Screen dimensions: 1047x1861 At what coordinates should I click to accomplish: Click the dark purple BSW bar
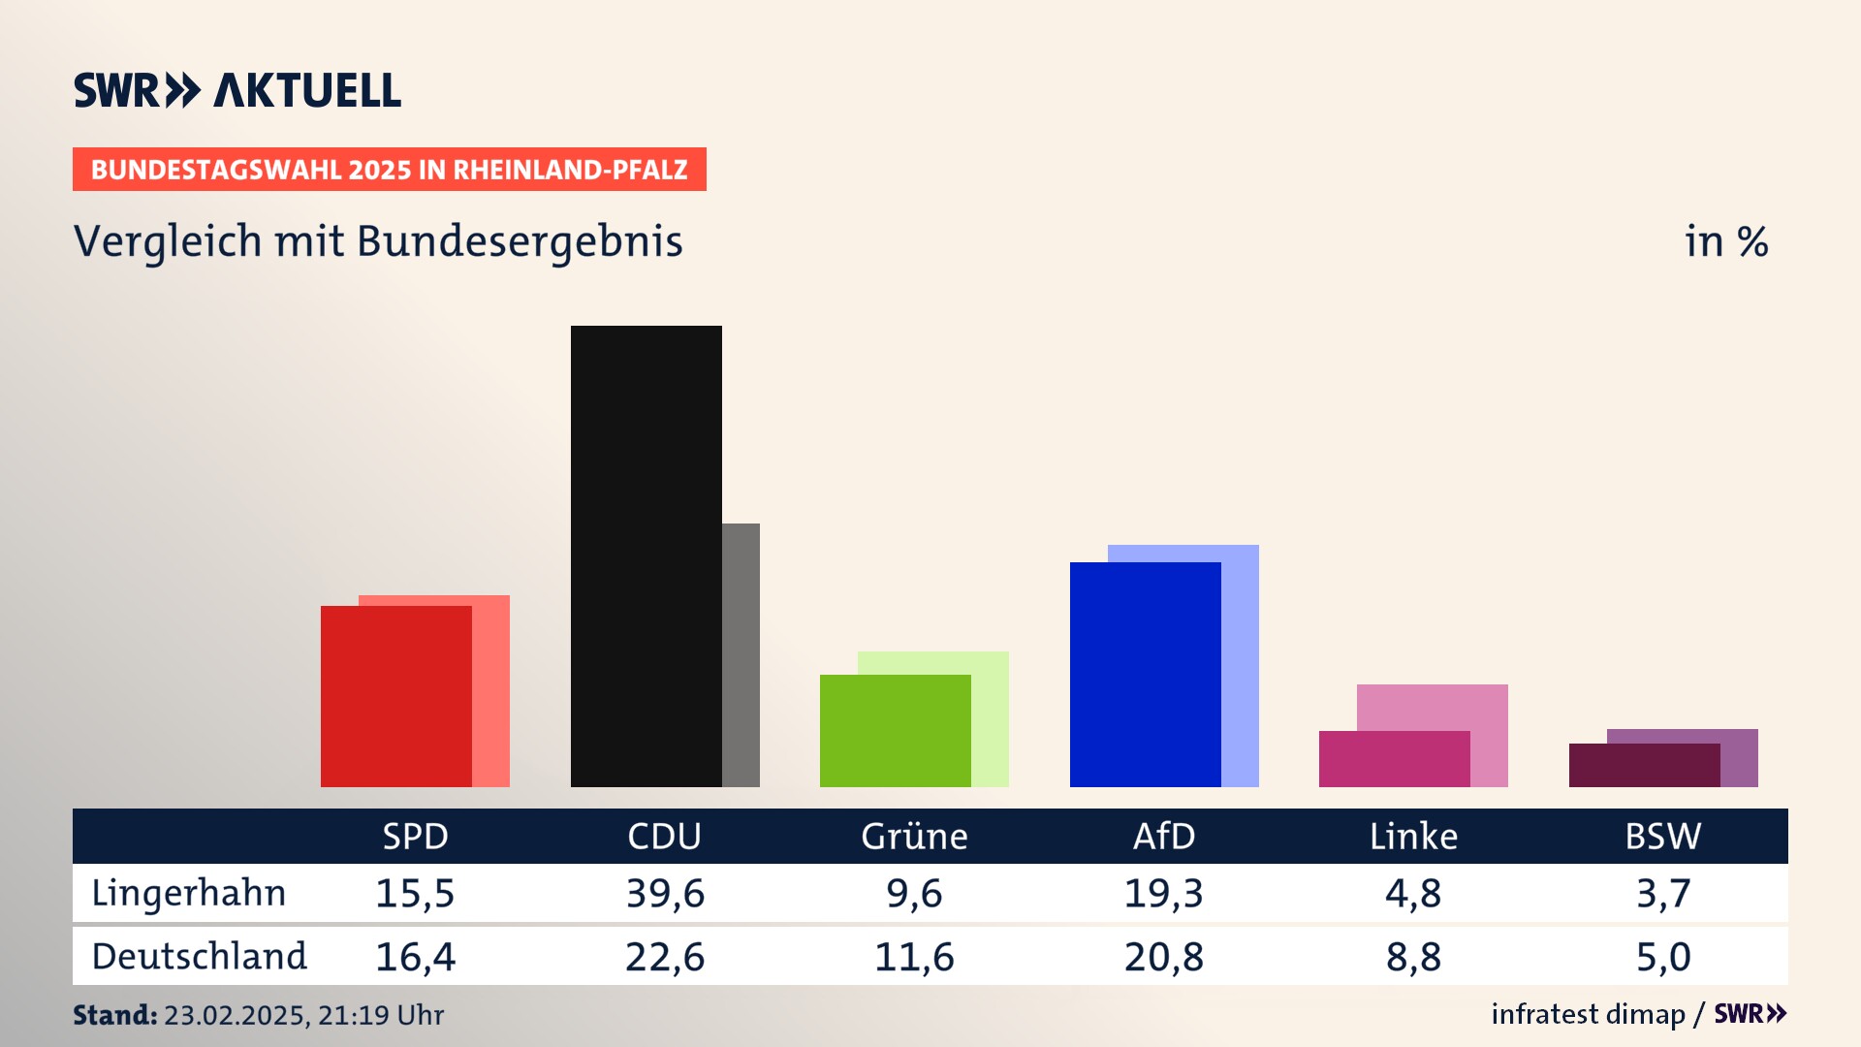coord(1644,765)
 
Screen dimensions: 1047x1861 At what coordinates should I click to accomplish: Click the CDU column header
coord(664,837)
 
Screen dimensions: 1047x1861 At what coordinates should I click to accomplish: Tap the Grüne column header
coord(914,837)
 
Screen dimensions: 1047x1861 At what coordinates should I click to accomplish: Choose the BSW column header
coord(1662,837)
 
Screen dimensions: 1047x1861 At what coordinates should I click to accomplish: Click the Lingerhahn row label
coord(189,893)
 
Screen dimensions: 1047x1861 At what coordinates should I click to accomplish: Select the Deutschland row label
coord(199,957)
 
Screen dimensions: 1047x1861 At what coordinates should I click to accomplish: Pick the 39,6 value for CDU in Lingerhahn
coord(665,893)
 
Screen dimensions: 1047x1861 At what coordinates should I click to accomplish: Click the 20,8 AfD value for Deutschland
coord(1164,957)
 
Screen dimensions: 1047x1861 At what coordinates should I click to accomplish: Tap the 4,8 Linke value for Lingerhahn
coord(1413,893)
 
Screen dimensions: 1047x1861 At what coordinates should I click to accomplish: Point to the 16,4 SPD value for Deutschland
coord(415,957)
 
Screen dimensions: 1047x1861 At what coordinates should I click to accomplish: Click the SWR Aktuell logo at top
coord(237,90)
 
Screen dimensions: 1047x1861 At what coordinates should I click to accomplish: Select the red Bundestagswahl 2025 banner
coord(389,170)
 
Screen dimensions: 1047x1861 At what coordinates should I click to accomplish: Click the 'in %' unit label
coord(1726,241)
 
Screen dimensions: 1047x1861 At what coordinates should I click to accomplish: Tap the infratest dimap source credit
coord(1588,1014)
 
